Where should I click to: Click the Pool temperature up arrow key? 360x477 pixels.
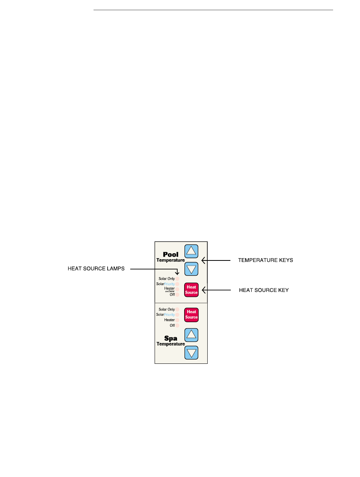[192, 250]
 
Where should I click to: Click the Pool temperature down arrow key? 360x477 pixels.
[192, 269]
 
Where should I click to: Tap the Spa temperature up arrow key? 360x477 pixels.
[192, 334]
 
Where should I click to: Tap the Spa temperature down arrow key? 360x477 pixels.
[192, 353]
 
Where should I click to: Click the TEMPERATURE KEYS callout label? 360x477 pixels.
[265, 260]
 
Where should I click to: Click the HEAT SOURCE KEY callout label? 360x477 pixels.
[264, 290]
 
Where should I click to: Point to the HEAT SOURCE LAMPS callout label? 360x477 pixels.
[96, 269]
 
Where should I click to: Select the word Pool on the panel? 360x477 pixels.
[171, 255]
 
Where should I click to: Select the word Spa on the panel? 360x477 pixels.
[171, 338]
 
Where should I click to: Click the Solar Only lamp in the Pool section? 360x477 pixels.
[177, 279]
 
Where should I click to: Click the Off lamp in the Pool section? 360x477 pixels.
[177, 295]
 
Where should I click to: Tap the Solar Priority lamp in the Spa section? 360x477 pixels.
[177, 315]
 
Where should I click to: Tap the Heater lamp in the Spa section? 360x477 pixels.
[177, 320]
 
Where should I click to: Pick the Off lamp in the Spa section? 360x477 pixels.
[177, 325]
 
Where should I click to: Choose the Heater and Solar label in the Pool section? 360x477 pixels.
[169, 289]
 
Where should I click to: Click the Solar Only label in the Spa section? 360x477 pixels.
[167, 309]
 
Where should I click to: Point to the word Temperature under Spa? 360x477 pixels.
[171, 344]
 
